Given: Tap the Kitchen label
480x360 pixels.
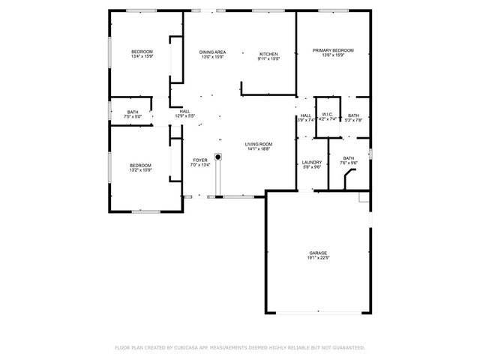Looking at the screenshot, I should pos(268,54).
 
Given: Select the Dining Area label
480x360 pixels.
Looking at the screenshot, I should pos(212,51).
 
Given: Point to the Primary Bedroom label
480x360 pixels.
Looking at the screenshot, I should pos(333,50).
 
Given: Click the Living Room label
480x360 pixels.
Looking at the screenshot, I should pos(258,144).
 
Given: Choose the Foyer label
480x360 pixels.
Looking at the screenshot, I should pos(199,160).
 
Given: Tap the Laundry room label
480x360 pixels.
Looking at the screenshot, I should pos(312,162).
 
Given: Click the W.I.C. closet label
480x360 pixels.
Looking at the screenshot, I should pos(327,115).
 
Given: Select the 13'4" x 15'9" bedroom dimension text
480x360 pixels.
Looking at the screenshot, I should pos(142,56).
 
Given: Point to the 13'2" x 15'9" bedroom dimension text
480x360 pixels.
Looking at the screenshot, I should pos(140,170).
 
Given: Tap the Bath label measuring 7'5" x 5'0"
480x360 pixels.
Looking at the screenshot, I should pos(132,112).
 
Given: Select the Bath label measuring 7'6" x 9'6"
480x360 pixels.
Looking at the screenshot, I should pos(349,157).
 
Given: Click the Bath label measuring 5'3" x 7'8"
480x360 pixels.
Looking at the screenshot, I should pos(353,115).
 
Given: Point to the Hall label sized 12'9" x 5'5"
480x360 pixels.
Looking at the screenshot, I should pos(184,112).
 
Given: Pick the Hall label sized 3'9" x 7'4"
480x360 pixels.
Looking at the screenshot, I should pos(306,115).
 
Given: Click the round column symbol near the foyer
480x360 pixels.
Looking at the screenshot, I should pos(218,157).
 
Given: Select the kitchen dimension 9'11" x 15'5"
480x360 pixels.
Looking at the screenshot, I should pos(268,58).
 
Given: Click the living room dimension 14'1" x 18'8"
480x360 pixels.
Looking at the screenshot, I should pos(258,149).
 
